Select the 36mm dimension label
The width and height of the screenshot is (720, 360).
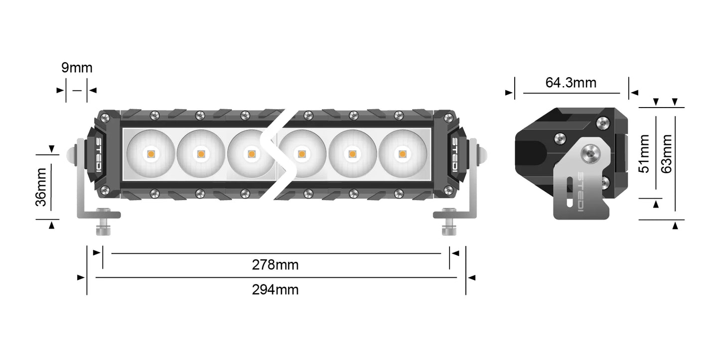41,187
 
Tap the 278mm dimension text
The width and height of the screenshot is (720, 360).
275,265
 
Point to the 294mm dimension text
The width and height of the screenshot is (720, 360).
275,289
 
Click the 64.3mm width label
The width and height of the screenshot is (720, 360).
571,83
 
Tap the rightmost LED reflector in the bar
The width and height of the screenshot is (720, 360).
402,154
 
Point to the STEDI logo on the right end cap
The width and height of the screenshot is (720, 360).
455,155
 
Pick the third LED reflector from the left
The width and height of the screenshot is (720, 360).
251,154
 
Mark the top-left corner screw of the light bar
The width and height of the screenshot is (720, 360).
105,118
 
